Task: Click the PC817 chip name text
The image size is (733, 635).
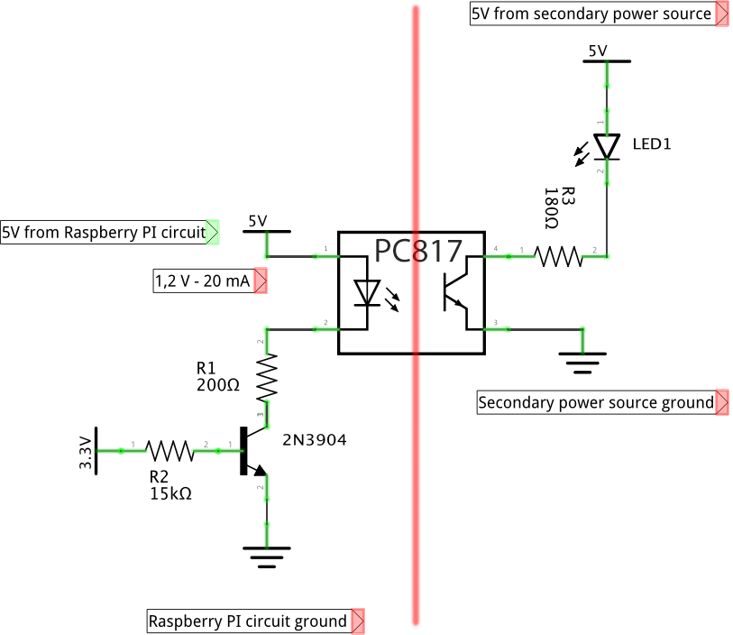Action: click(x=418, y=252)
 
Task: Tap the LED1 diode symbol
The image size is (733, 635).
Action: click(x=607, y=145)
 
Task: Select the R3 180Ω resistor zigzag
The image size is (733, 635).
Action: click(x=559, y=257)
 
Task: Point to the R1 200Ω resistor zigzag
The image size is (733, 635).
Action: click(x=267, y=377)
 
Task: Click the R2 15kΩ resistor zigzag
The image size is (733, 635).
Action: click(x=169, y=449)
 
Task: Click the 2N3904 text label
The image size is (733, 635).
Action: click(x=314, y=440)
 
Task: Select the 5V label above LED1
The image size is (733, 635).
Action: click(x=598, y=51)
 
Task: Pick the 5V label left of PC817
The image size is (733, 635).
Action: click(x=258, y=221)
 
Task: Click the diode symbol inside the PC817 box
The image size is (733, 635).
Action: click(x=365, y=293)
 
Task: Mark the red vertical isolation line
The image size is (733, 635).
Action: click(x=417, y=469)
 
